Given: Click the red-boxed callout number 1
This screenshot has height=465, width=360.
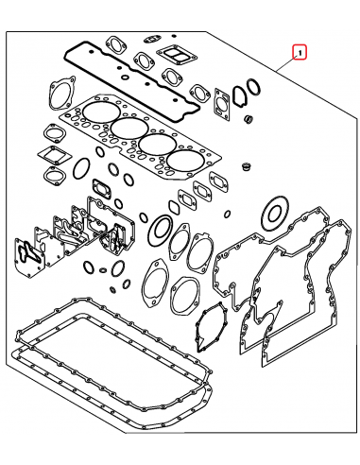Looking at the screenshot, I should point(299,53).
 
